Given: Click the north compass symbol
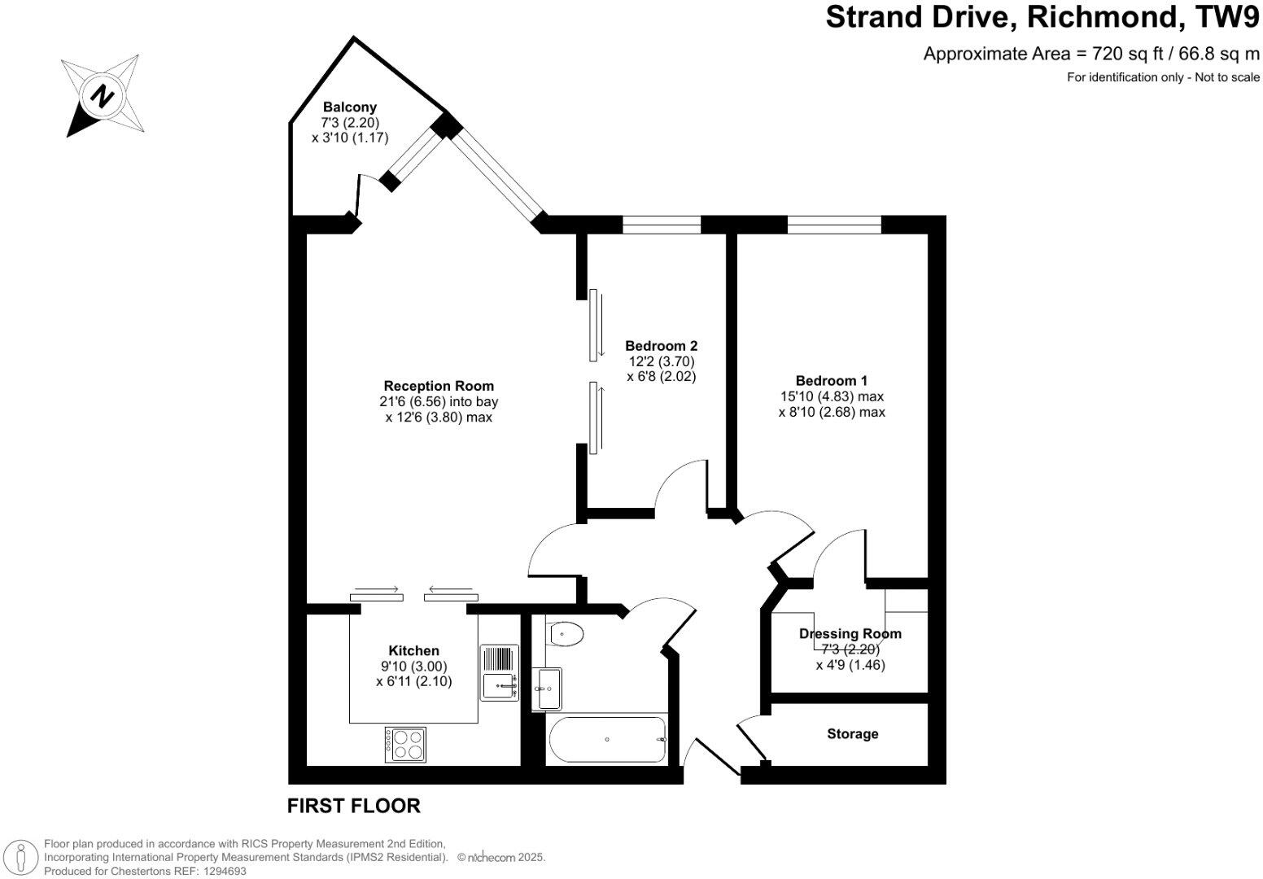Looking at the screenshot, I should click(x=103, y=95).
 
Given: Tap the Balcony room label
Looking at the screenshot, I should click(x=350, y=107).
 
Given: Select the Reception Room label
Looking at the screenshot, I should click(x=439, y=386).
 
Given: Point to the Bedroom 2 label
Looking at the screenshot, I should click(x=661, y=346).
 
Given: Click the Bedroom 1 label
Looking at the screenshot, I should click(x=831, y=380).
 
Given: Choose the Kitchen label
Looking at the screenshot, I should click(x=413, y=650).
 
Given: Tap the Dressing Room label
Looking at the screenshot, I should click(x=850, y=634).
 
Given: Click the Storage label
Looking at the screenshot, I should click(x=852, y=734).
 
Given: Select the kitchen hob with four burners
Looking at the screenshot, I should click(x=405, y=744).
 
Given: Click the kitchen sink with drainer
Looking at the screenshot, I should click(x=499, y=673).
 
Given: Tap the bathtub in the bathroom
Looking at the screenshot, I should click(x=608, y=740).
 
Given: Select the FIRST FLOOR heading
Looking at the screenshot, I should click(x=354, y=806).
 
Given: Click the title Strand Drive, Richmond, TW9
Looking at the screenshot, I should click(x=1042, y=17).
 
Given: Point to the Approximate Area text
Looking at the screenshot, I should click(x=1091, y=55).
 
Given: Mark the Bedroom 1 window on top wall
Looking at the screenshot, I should click(x=834, y=224).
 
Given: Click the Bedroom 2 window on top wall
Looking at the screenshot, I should click(x=662, y=224).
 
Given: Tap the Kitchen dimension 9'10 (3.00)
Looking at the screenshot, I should click(x=413, y=666).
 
